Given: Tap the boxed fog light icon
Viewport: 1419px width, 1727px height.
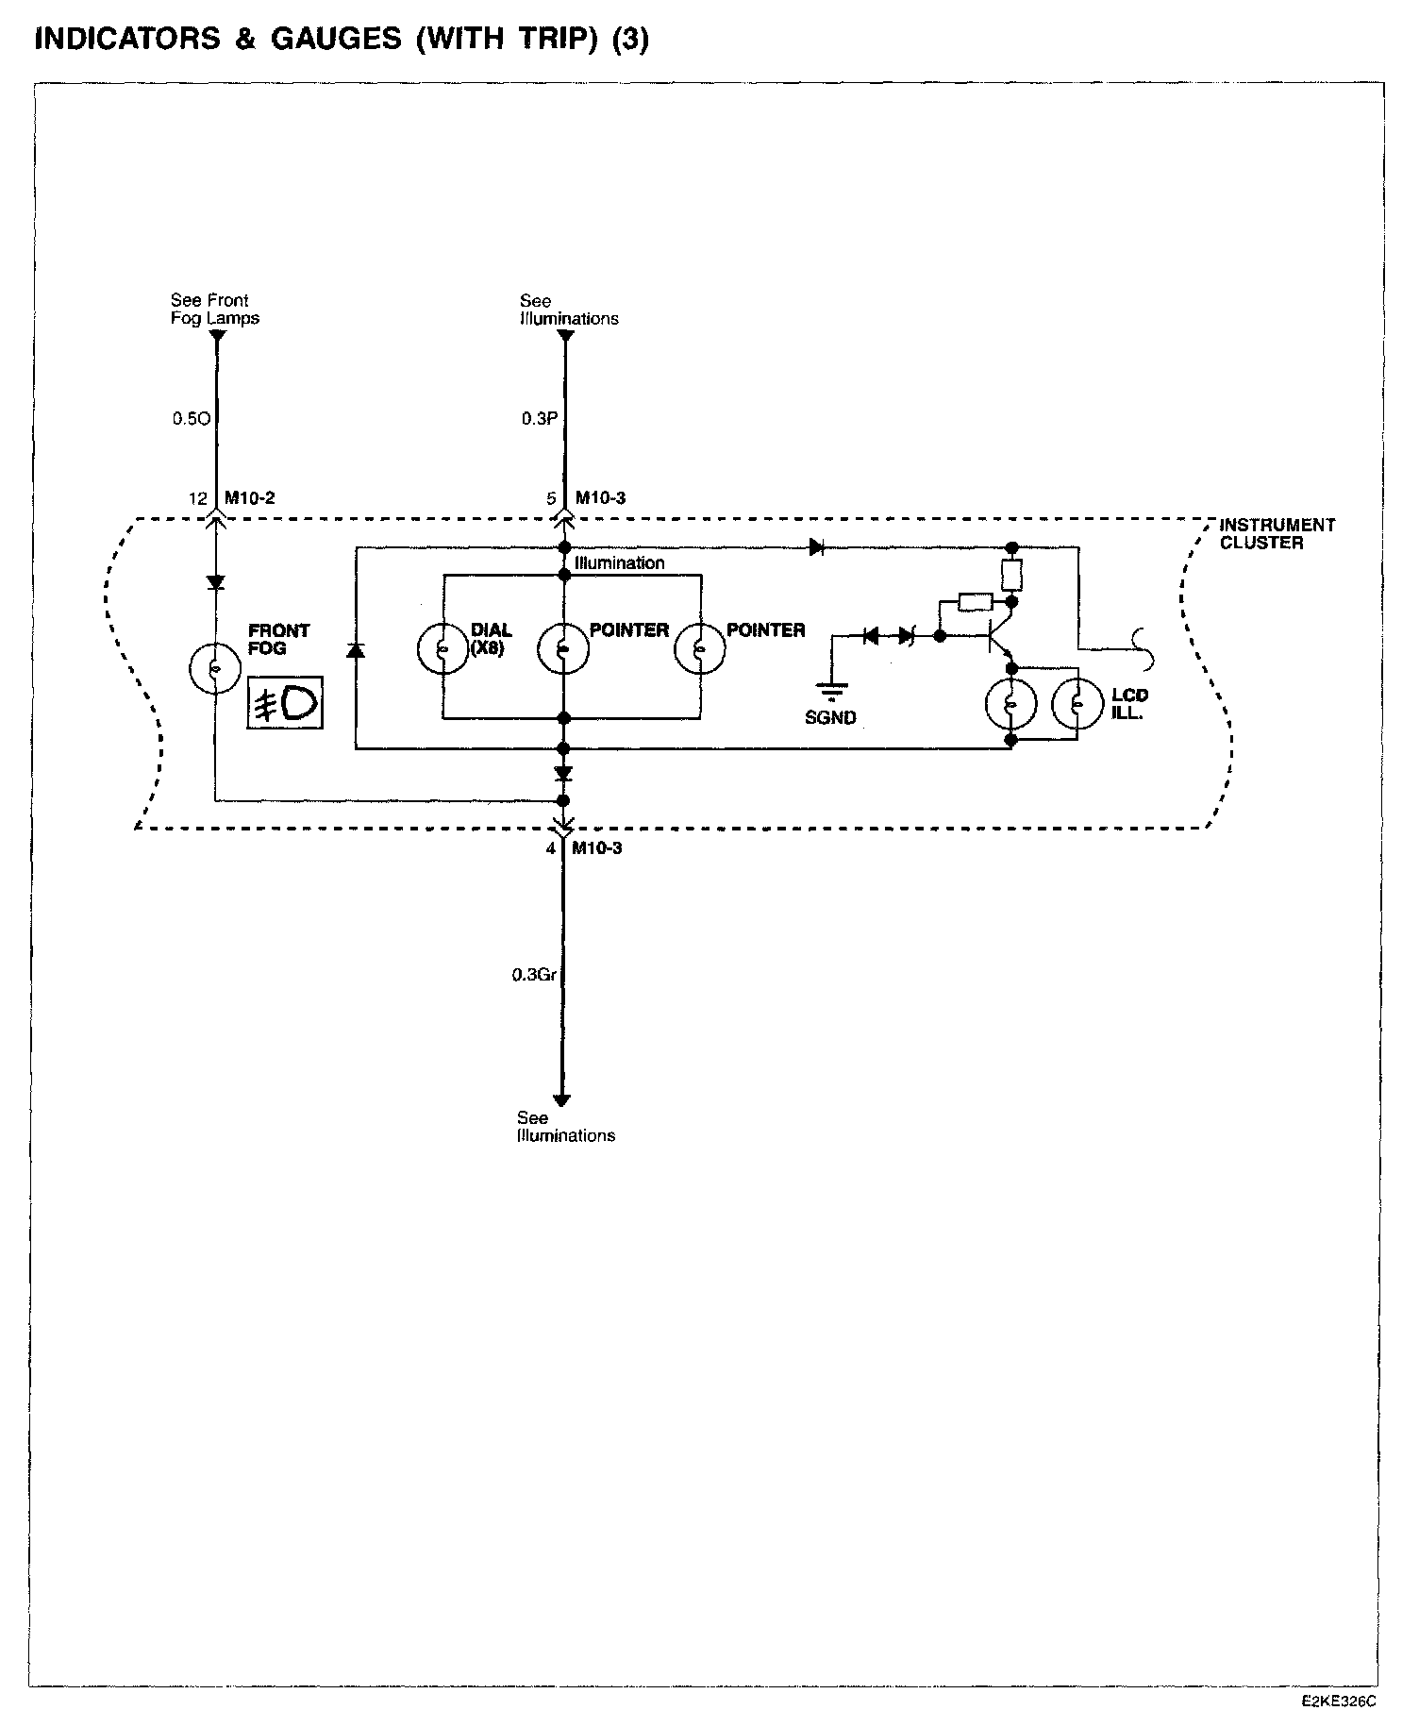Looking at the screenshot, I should [x=284, y=702].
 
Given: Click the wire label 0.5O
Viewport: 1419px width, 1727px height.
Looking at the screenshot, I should [x=191, y=418].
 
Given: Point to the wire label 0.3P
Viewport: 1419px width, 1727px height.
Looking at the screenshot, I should [x=540, y=418].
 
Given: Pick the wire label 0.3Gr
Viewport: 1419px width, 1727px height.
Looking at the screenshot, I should [x=534, y=975].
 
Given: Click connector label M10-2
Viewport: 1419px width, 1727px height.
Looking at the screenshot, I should [x=250, y=497].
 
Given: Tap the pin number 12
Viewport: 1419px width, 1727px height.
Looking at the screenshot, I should [x=197, y=498].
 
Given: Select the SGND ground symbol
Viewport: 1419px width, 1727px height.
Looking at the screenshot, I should [x=831, y=694].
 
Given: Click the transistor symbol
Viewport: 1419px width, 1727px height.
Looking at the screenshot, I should [x=998, y=638].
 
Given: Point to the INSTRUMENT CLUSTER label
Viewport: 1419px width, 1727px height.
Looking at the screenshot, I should [x=1277, y=533].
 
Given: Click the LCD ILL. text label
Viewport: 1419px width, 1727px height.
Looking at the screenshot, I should [x=1129, y=705].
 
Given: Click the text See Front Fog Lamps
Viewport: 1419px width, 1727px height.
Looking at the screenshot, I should [x=214, y=310].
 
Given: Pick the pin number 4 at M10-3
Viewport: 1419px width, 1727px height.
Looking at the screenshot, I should [x=551, y=848].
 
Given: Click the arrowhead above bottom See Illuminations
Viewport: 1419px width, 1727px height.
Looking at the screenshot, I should [x=562, y=1099].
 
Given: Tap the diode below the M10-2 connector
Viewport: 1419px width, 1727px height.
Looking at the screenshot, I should [x=215, y=582].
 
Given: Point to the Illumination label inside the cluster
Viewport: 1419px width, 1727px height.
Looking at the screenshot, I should [x=620, y=563].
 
